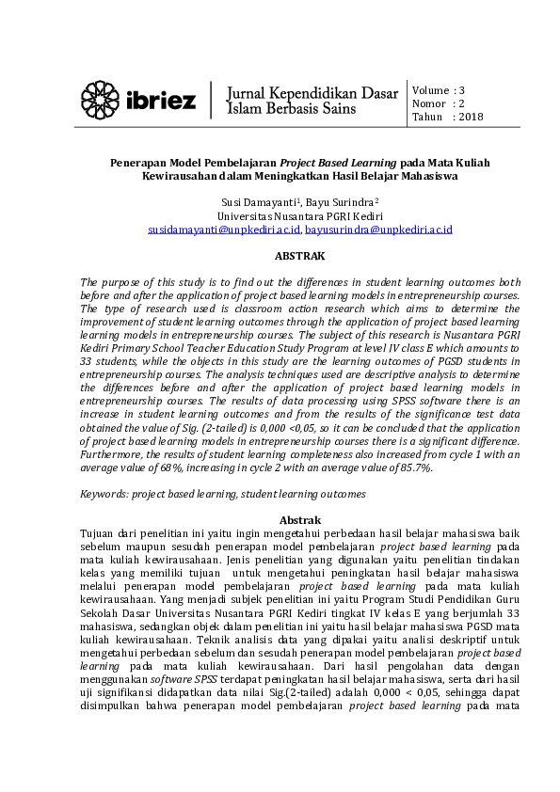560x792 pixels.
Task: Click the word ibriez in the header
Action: [161, 100]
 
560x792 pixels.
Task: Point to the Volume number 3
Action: [462, 90]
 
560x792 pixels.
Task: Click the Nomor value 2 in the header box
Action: [461, 104]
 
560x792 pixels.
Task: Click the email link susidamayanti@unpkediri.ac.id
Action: [224, 229]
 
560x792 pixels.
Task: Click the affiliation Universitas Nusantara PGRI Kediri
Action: [299, 215]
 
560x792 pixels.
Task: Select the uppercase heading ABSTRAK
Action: [299, 256]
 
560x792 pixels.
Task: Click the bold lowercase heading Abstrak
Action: [301, 520]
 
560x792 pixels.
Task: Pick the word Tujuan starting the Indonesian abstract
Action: [100, 533]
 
